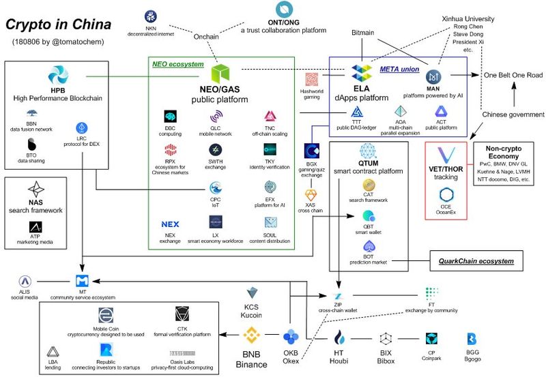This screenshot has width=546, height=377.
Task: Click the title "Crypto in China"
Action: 58,25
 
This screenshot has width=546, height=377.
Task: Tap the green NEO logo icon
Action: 222,74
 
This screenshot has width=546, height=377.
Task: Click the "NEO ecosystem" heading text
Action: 177,64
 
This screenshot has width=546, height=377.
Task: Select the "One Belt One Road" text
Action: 513,75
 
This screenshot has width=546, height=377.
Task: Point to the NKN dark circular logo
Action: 151,16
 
